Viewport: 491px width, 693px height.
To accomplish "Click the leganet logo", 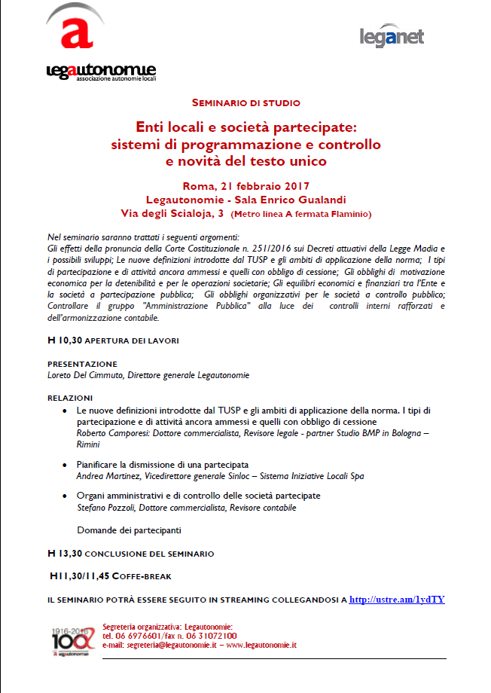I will pos(392,35).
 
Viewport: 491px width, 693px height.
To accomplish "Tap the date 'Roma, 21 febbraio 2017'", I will pos(245,185).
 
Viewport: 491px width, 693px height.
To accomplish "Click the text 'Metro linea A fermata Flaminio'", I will pos(301,215).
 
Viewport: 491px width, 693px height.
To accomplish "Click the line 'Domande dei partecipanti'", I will pos(129,530).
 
